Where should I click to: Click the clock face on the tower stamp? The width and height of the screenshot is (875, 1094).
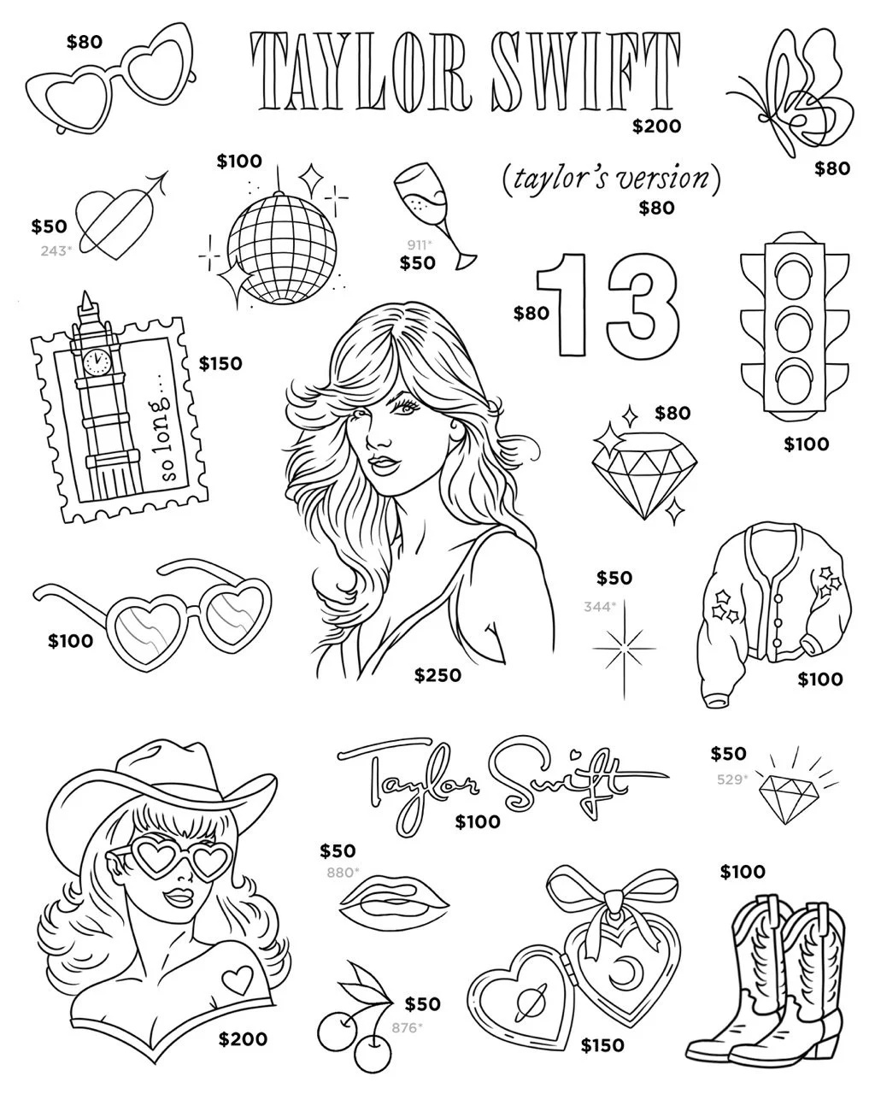[97, 361]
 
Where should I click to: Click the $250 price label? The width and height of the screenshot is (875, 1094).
[437, 676]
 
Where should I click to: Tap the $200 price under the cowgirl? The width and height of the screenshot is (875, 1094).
[243, 1039]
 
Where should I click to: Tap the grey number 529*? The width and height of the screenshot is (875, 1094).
[731, 779]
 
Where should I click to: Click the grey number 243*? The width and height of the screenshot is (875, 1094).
[56, 250]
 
